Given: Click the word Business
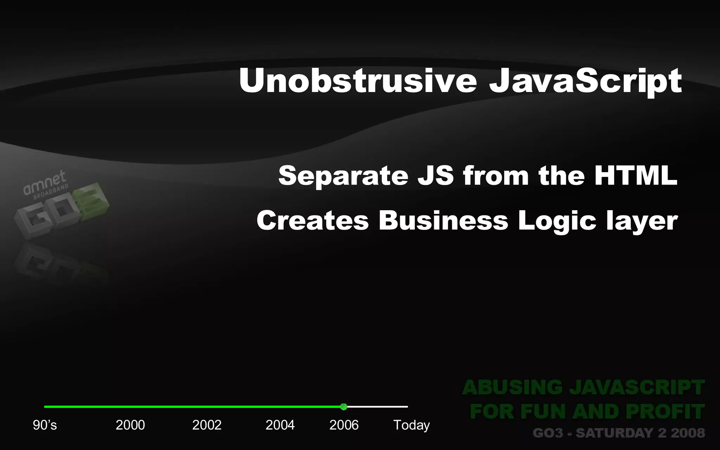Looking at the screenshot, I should coord(443,221).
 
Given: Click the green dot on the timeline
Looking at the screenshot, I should coord(344,407).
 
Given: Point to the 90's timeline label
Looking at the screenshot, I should coord(45,425).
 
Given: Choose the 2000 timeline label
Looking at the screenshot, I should coord(130,425).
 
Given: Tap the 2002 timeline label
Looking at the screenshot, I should coord(207,425).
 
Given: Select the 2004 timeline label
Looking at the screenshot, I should coord(280,425).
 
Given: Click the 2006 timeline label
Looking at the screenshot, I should coord(344,425).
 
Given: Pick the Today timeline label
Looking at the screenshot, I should coord(411,425).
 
